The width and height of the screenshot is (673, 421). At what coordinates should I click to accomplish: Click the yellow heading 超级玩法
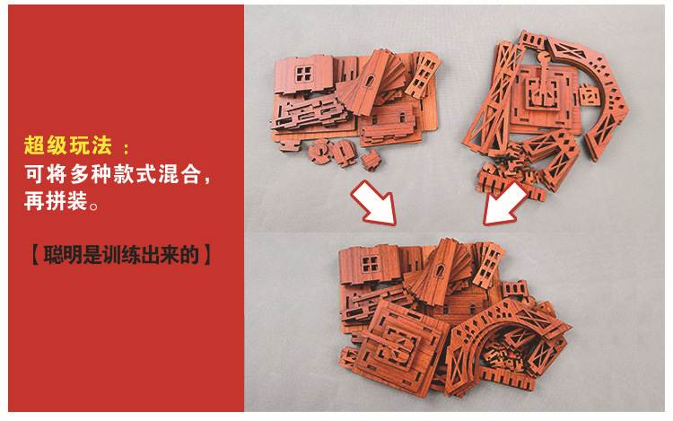68,145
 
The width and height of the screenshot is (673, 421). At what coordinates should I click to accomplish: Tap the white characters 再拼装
56,200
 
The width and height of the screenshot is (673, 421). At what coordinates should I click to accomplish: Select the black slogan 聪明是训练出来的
121,255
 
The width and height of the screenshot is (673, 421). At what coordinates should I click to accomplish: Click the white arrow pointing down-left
505,203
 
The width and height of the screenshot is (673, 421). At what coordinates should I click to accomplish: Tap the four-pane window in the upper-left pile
303,74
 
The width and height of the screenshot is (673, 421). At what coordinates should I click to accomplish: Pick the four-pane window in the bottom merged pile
370,264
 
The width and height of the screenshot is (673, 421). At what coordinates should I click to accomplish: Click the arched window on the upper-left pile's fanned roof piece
370,81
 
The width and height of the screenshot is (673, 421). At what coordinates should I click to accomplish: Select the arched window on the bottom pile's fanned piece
440,271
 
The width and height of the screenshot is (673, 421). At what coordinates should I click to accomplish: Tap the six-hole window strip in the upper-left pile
424,76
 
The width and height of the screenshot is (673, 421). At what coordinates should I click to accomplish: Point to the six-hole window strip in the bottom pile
488,264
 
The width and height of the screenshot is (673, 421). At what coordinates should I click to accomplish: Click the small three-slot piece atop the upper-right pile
532,41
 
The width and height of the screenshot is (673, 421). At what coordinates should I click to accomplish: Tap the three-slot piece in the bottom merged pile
514,289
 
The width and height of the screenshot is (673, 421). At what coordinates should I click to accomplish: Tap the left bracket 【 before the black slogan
36,255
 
